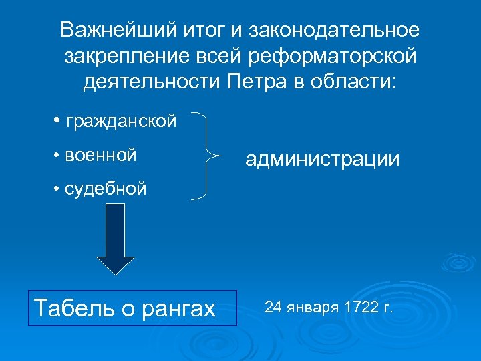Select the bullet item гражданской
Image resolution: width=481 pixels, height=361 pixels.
coord(122,121)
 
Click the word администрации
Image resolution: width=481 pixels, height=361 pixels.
coord(323,159)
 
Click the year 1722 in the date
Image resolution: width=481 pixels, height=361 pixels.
coord(361,308)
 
